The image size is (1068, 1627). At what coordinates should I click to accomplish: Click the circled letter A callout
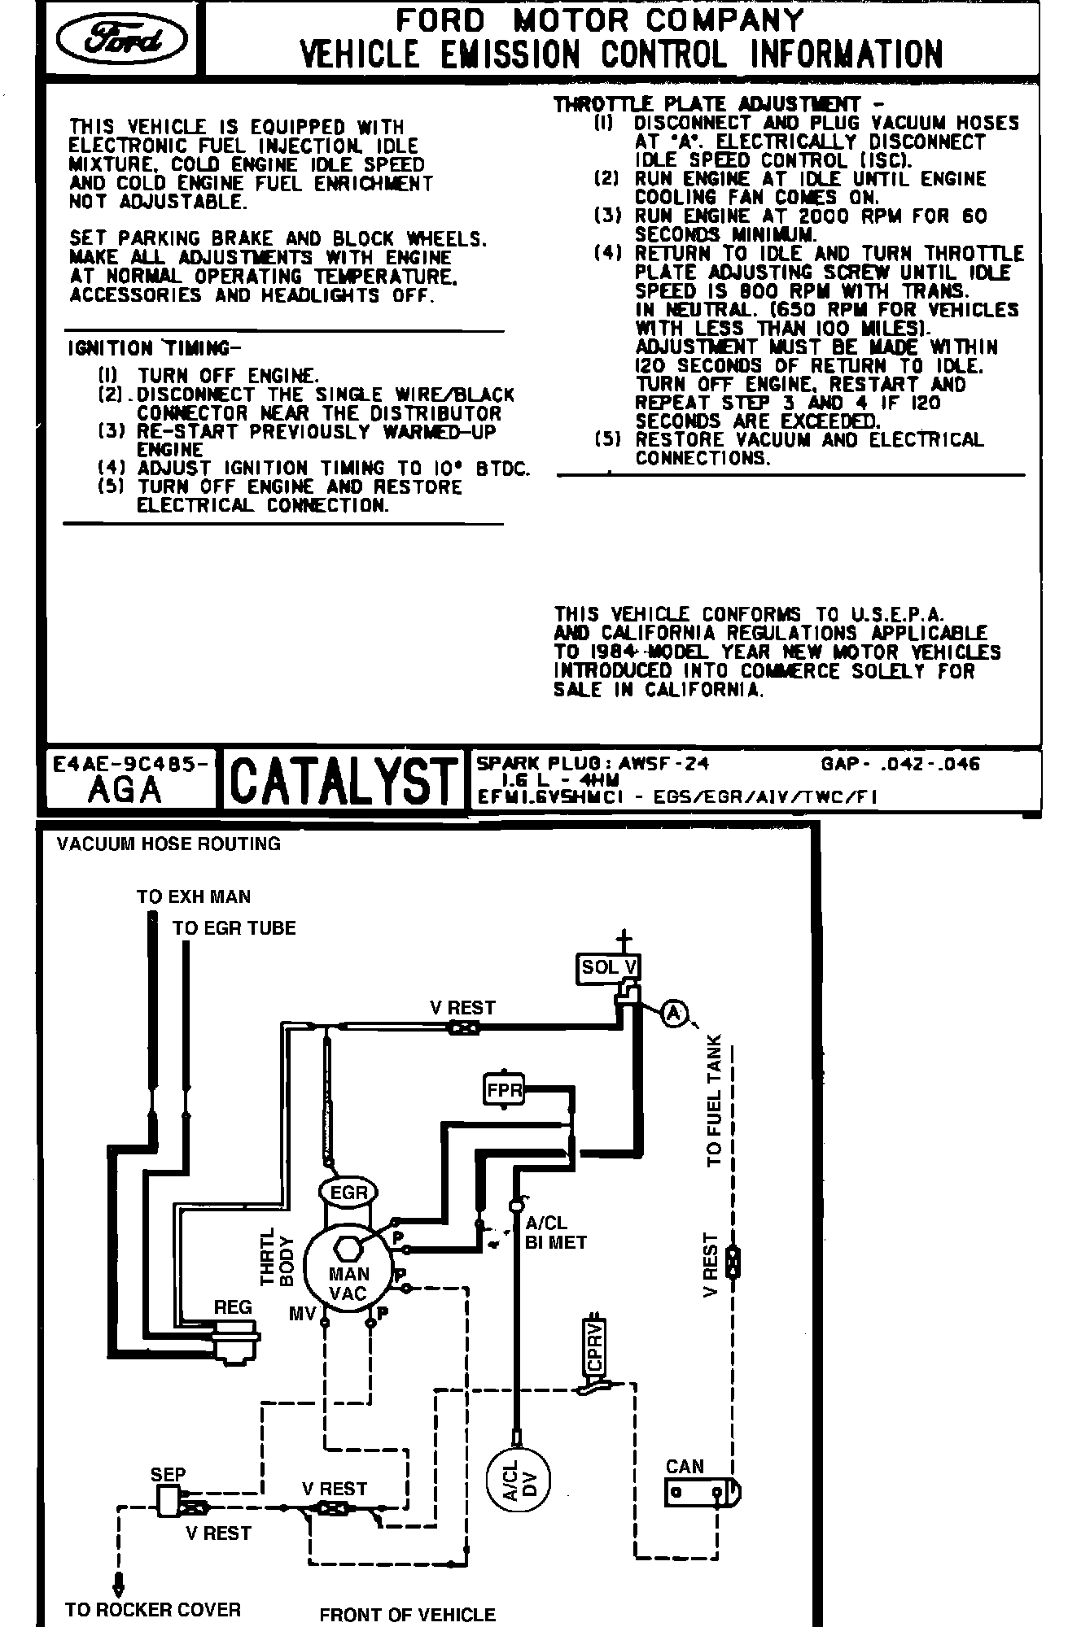(x=673, y=1013)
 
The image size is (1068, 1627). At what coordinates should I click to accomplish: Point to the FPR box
(x=504, y=1090)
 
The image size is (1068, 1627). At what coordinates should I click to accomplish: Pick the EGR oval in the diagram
(x=349, y=1193)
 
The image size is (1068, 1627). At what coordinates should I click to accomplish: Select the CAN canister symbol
(x=700, y=1491)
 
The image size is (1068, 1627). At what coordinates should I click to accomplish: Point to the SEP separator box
(x=169, y=1499)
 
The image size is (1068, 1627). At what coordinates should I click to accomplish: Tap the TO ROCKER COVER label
(x=153, y=1609)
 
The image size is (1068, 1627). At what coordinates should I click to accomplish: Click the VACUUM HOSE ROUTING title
(x=169, y=844)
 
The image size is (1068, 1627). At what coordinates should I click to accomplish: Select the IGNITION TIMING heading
(x=155, y=348)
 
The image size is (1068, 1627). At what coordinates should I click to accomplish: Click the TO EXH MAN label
(x=194, y=896)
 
